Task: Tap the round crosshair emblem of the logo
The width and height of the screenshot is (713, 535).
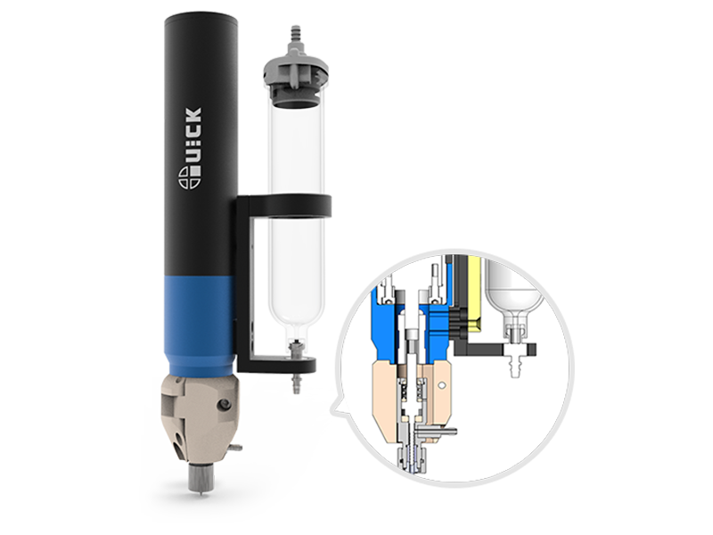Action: click(189, 177)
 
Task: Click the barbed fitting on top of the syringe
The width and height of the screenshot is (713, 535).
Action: click(295, 36)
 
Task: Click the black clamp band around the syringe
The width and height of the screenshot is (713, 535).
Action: click(284, 205)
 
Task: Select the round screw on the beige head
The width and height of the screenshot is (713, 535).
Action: click(223, 405)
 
